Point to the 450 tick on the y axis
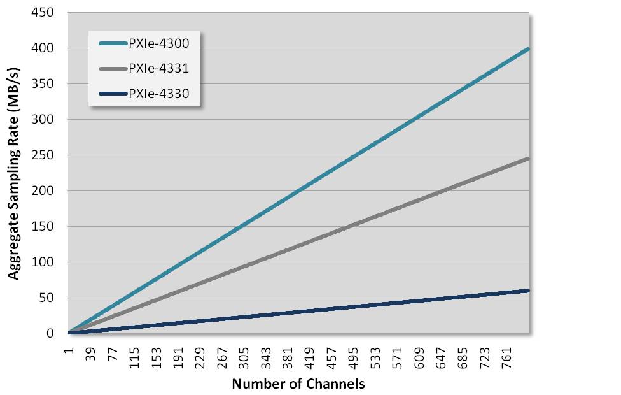[x=44, y=12]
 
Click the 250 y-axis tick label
[x=44, y=155]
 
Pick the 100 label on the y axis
[x=44, y=262]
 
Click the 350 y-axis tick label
[x=44, y=83]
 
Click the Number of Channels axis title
[x=298, y=384]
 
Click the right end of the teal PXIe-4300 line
[x=528, y=49]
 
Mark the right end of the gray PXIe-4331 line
[x=528, y=158]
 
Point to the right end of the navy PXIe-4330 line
[x=528, y=291]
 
